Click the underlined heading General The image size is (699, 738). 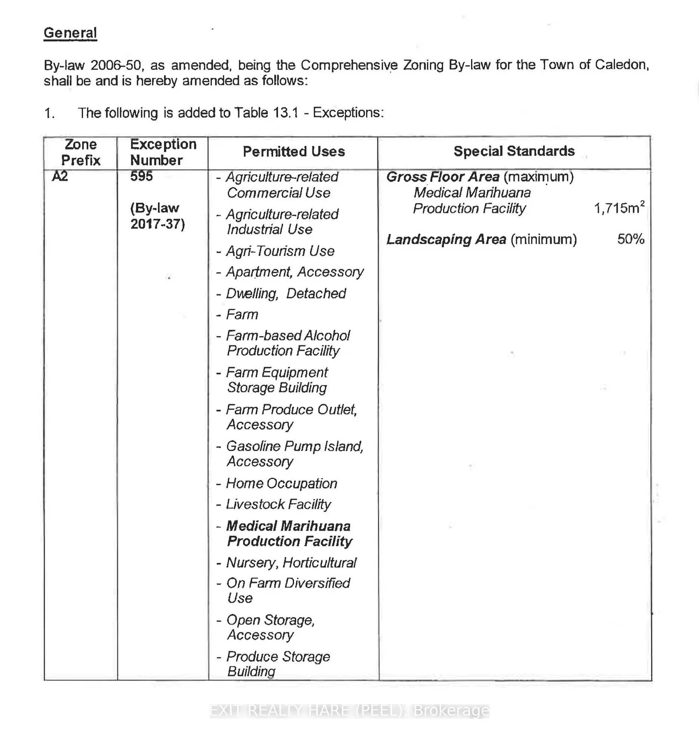coord(70,33)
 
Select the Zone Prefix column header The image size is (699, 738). coord(81,152)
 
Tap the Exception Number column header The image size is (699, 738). coord(163,152)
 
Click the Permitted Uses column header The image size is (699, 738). coord(294,152)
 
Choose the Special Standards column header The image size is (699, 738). coord(514,151)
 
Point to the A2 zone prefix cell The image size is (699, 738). coord(60,176)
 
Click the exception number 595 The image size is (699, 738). coord(141,176)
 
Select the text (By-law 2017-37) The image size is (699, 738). coord(157,216)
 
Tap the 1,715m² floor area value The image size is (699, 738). coord(619,208)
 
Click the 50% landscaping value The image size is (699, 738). coord(631,239)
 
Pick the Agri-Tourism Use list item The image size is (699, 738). coord(280,251)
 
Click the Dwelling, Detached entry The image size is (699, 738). coord(286,294)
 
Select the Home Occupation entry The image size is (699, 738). coord(281,484)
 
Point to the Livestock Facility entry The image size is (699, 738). coord(278,505)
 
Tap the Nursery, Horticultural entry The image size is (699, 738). coord(291,563)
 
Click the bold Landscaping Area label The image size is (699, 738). coord(446,239)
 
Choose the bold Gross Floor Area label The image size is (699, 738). coord(443,177)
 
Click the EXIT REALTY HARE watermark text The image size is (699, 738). coord(349,711)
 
